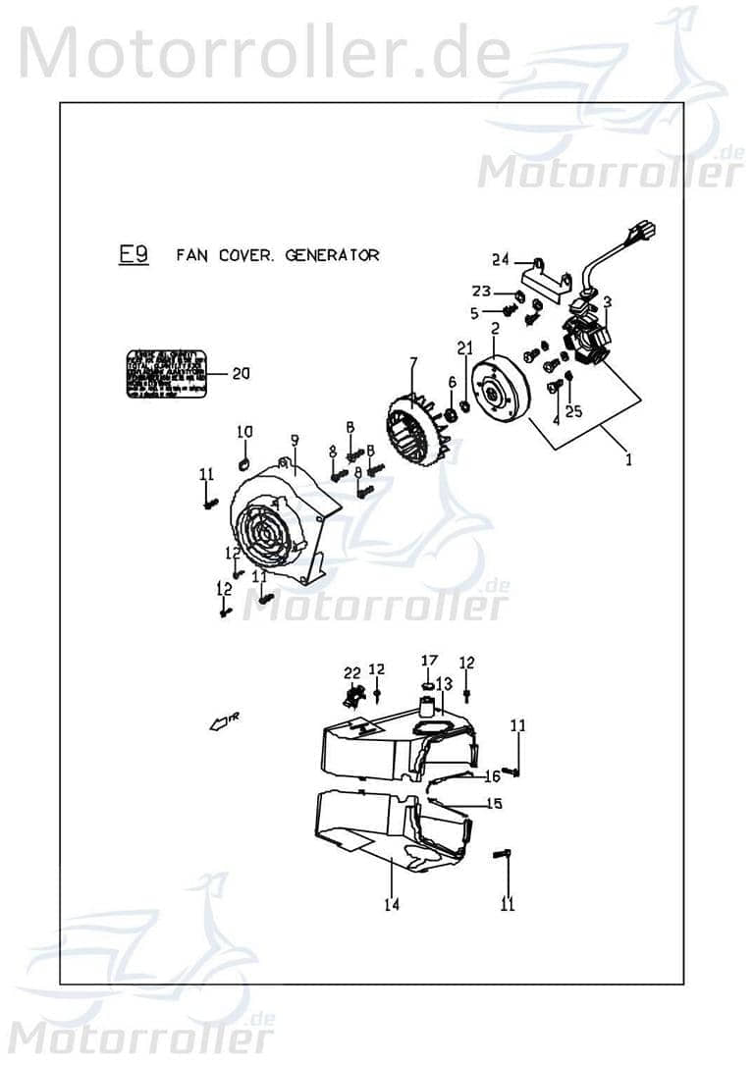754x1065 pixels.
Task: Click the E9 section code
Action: (134, 255)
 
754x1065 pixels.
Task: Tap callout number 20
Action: (241, 373)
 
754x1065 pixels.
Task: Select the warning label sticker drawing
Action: (167, 373)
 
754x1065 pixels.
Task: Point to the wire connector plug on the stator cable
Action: (647, 235)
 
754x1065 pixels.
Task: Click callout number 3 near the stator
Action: (608, 301)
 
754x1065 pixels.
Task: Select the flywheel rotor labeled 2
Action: (501, 391)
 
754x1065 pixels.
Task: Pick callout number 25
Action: (574, 412)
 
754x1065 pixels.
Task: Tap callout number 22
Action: (351, 672)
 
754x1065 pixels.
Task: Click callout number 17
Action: (429, 660)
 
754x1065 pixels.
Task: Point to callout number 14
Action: (392, 905)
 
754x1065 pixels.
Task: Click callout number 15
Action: (496, 803)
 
